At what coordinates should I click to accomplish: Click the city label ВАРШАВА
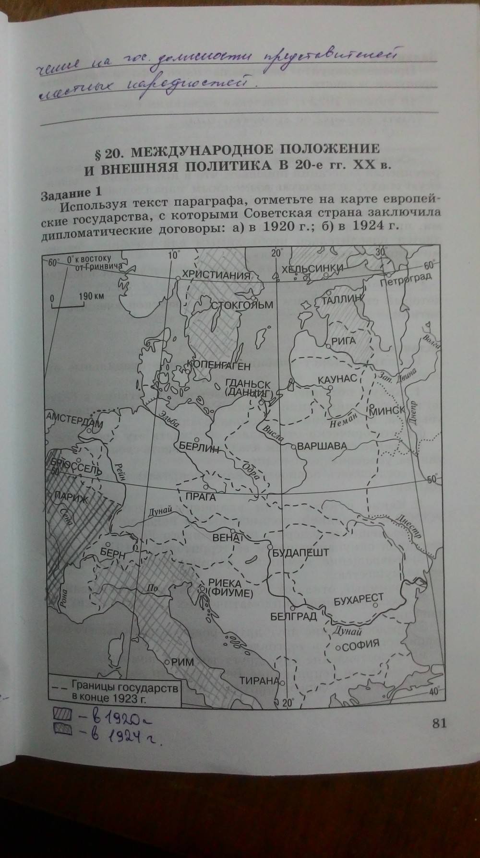click(322, 447)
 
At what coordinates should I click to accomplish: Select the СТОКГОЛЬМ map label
click(242, 305)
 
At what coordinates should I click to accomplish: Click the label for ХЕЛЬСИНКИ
click(312, 268)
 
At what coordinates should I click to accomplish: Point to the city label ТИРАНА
click(259, 681)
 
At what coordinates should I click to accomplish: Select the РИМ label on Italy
click(183, 662)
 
